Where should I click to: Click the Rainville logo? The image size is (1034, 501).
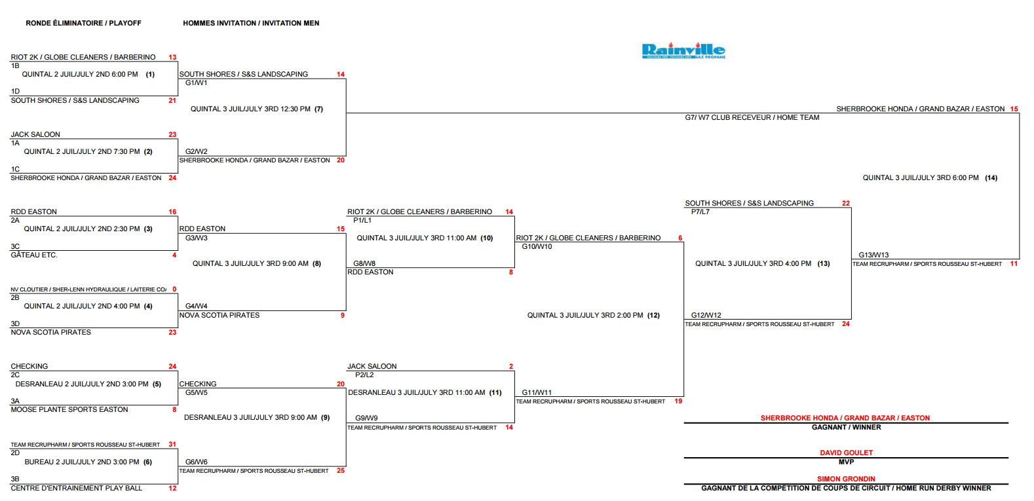point(683,50)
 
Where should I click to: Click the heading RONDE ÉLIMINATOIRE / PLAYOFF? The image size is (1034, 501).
point(83,23)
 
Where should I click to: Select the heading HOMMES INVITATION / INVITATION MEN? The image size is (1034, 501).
point(251,23)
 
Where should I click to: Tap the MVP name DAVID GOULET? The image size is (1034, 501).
point(846,453)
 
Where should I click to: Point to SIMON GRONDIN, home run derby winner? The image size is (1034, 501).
point(846,479)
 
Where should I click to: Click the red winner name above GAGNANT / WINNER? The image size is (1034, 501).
point(845,418)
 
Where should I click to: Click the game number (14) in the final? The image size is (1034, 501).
point(991,177)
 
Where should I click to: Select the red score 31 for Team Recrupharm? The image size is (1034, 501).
point(172,445)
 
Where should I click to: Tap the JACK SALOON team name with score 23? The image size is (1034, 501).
point(35,134)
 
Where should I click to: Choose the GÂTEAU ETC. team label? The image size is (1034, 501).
point(34,255)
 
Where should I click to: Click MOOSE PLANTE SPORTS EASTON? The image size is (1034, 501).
point(69,409)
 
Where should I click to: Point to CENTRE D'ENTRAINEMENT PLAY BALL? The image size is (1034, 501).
point(77,488)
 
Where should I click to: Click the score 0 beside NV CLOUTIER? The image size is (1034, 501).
point(174,289)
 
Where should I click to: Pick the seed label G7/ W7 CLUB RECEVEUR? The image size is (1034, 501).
point(752,117)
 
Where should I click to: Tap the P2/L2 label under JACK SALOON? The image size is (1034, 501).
point(364,375)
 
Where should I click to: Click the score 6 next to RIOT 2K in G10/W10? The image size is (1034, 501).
point(680,238)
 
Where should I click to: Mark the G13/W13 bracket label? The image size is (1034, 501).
point(873,255)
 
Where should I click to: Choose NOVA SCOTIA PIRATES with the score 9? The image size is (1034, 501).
point(220,315)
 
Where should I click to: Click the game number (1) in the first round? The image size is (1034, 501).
point(150,74)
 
